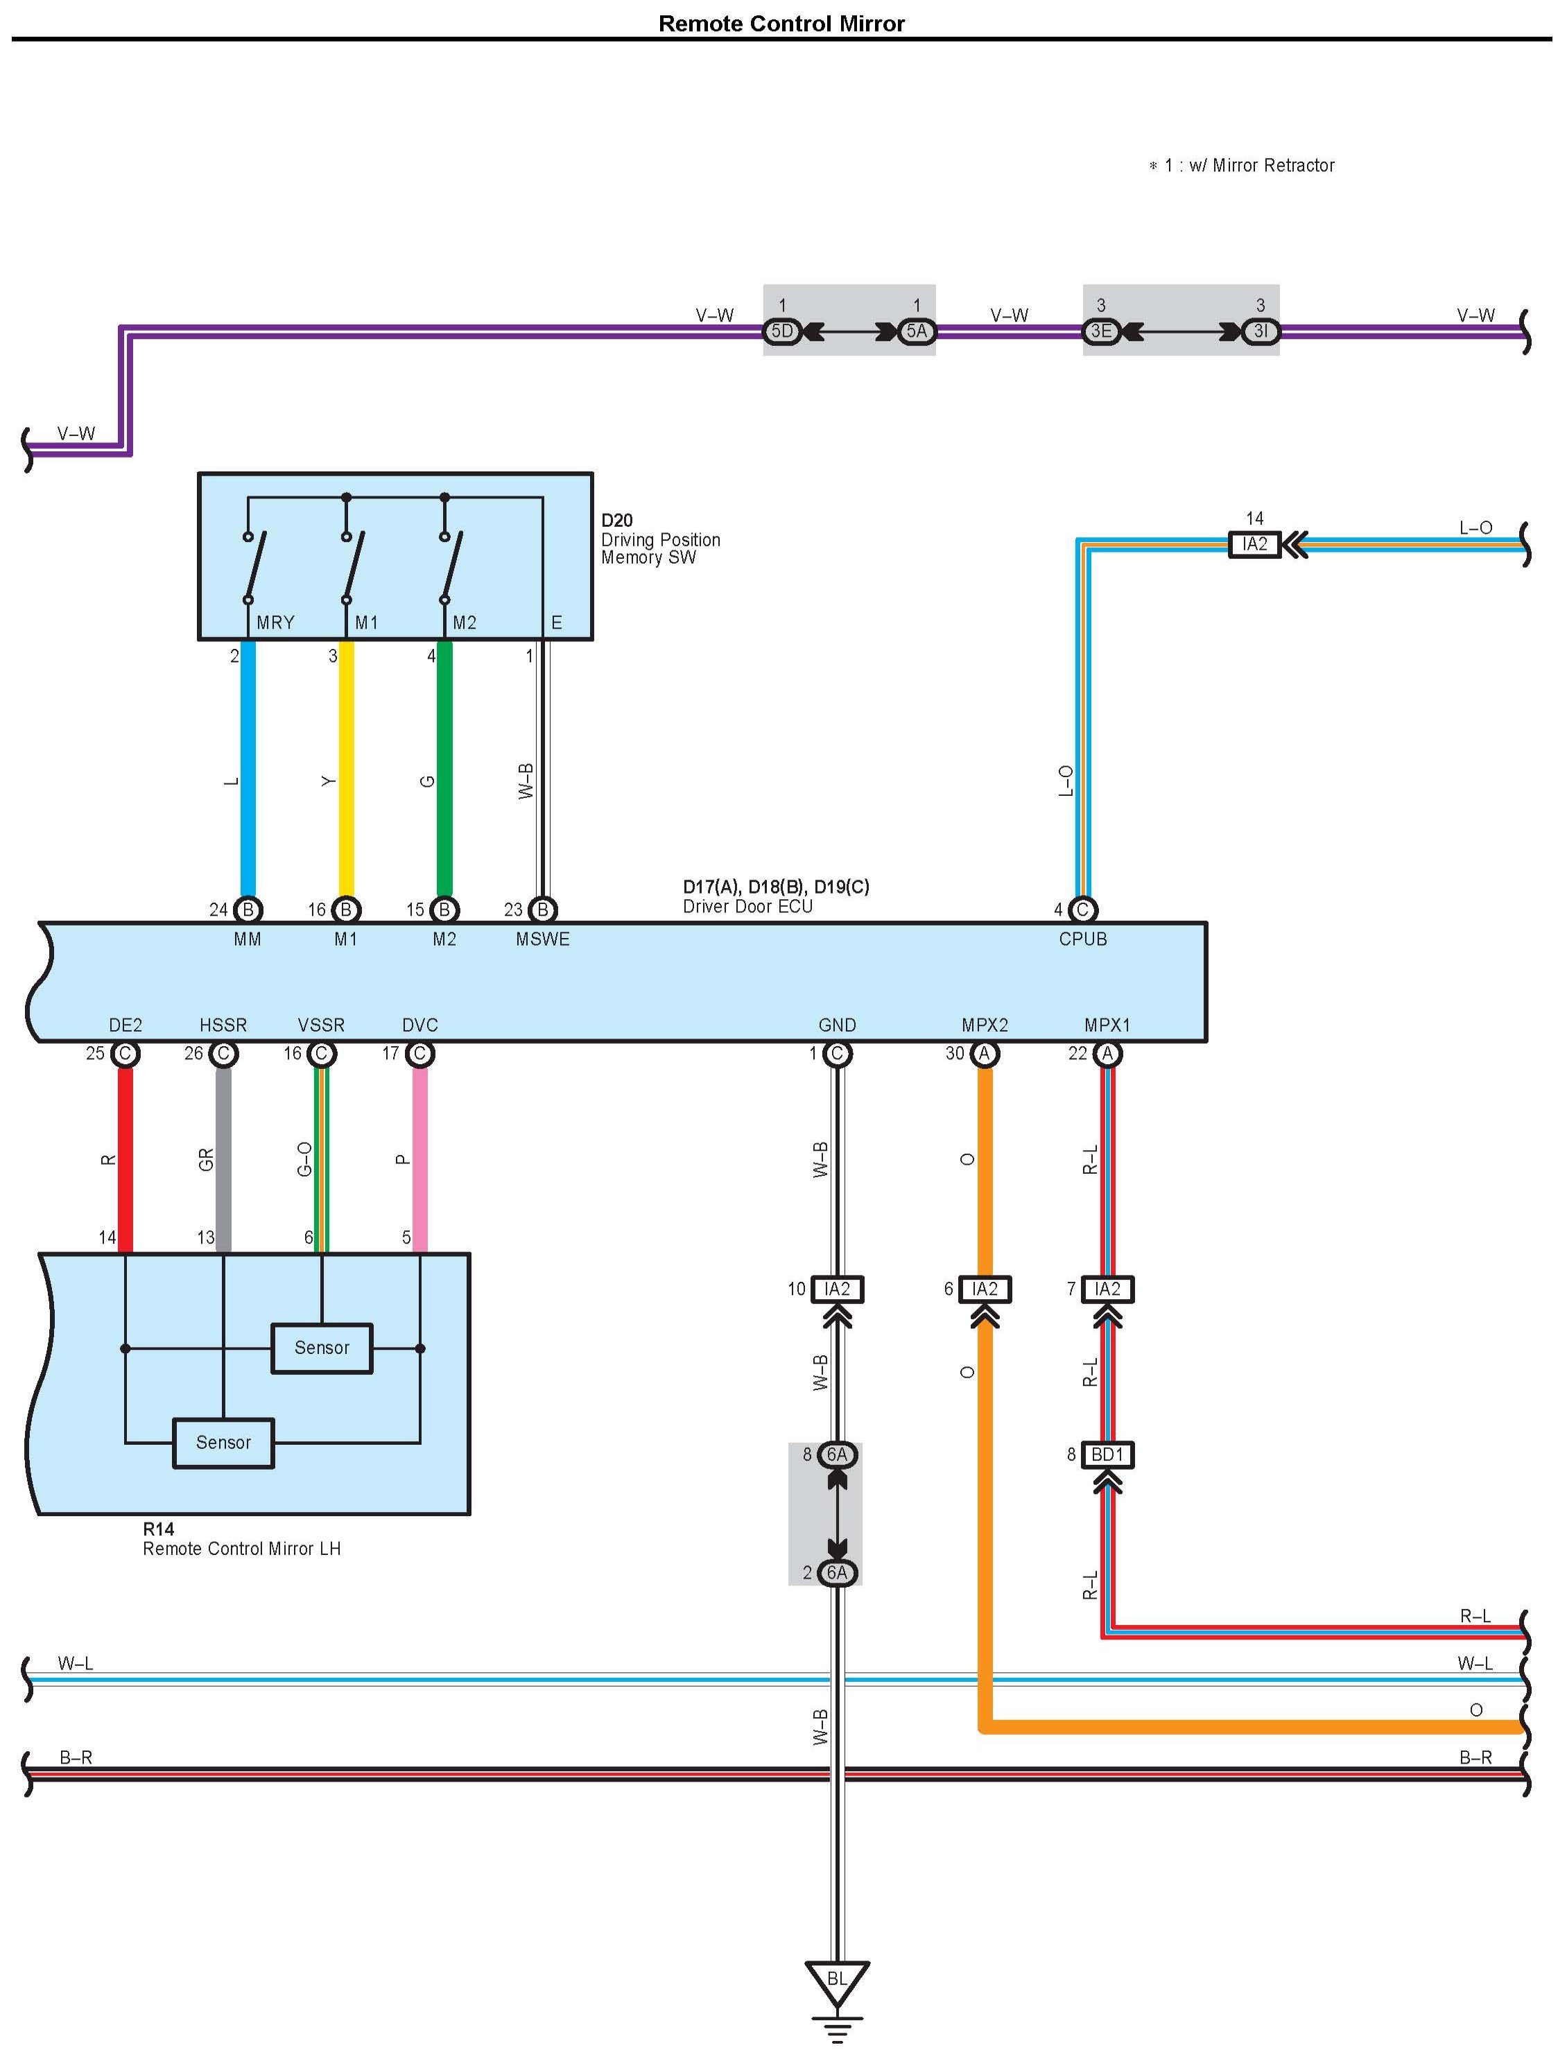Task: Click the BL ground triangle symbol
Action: [x=837, y=1980]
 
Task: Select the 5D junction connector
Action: [x=781, y=331]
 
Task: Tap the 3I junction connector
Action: [x=1260, y=331]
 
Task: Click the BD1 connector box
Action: [x=1107, y=1454]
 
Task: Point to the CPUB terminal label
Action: [x=1082, y=939]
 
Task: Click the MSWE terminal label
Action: [x=542, y=939]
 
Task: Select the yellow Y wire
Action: [x=346, y=774]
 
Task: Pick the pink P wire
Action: [x=419, y=1156]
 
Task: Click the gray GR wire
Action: [x=224, y=1156]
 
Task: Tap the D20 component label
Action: [x=616, y=521]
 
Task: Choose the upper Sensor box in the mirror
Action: [x=322, y=1348]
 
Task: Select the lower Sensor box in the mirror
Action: [x=224, y=1443]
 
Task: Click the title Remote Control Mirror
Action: [x=781, y=24]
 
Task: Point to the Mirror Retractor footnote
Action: [x=1242, y=166]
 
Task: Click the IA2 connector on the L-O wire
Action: [x=1254, y=544]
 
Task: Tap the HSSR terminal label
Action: [x=223, y=1025]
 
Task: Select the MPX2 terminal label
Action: [x=984, y=1025]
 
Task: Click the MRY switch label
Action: [x=275, y=622]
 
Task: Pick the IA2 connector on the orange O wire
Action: [x=984, y=1289]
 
